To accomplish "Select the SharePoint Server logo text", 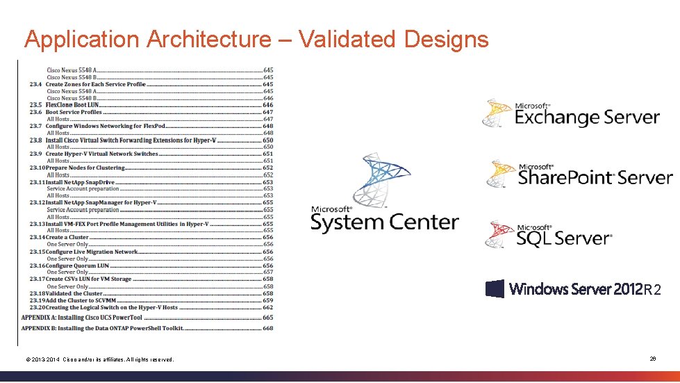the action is pyautogui.click(x=595, y=177).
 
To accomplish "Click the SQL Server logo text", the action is pyautogui.click(x=563, y=238).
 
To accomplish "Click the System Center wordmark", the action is pyautogui.click(x=384, y=222).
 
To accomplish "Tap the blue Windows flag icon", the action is pyautogui.click(x=495, y=288).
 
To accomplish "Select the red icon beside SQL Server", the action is pyautogui.click(x=499, y=235).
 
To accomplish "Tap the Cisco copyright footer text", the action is pyautogui.click(x=99, y=359).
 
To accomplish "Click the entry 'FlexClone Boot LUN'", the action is pyautogui.click(x=72, y=105).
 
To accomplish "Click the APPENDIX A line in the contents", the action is pyautogui.click(x=87, y=317).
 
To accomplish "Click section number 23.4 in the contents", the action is pyautogui.click(x=35, y=84).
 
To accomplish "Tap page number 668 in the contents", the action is pyautogui.click(x=267, y=328).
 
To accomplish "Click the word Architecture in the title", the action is pyautogui.click(x=208, y=39).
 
